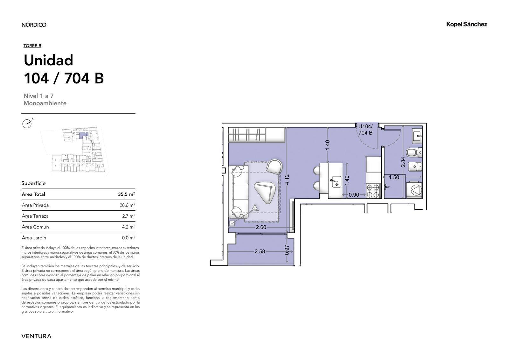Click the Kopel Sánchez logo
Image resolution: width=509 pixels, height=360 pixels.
tap(466, 25)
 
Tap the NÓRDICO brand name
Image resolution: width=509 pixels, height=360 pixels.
tap(34, 25)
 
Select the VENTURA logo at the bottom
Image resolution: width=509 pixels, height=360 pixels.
tap(36, 336)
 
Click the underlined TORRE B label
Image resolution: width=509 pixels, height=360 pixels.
tap(32, 46)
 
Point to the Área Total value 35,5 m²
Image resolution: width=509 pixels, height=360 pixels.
tap(126, 194)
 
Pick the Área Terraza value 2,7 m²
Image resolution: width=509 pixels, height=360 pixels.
tap(129, 216)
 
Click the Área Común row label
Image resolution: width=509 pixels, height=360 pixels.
tap(35, 227)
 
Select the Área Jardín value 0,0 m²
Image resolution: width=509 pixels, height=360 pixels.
tap(129, 238)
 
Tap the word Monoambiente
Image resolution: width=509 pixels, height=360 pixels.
tap(45, 103)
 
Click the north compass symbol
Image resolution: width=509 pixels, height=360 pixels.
tap(27, 124)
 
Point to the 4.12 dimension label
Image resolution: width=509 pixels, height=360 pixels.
tap(287, 180)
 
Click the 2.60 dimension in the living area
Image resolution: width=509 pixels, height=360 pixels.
tap(261, 227)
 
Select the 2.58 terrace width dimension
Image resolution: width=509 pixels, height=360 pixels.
tap(260, 251)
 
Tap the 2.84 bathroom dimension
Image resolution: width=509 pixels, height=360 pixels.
tap(403, 162)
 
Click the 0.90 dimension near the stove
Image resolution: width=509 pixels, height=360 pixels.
tap(354, 195)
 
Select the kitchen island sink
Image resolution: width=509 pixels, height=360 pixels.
tap(336, 182)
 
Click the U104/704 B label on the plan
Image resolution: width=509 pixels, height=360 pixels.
tap(366, 130)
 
